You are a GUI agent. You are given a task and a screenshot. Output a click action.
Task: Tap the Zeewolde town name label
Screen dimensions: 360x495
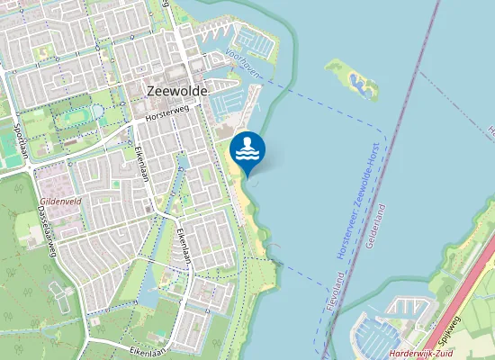pyautogui.click(x=176, y=91)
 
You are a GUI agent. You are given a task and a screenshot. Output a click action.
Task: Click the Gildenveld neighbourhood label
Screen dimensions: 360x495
pyautogui.click(x=60, y=201)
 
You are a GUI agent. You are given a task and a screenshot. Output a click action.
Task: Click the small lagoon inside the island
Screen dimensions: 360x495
pyautogui.click(x=362, y=85)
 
